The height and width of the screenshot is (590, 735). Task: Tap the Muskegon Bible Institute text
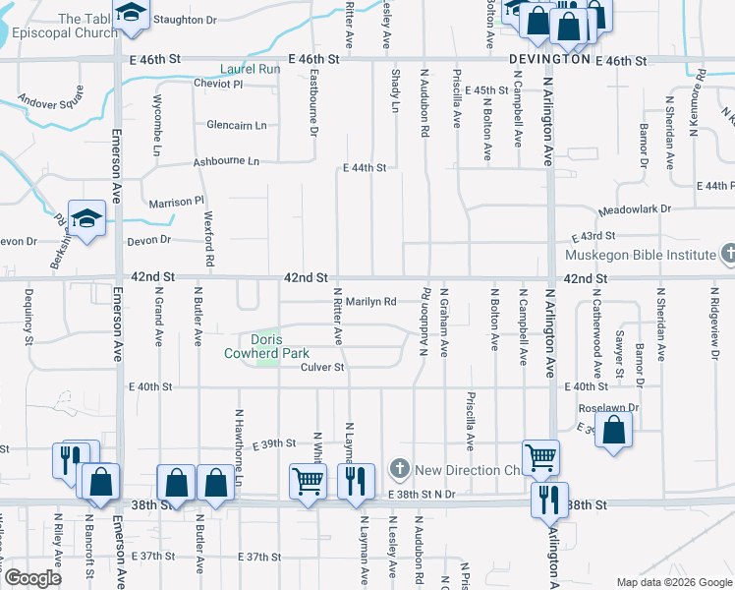tap(641, 255)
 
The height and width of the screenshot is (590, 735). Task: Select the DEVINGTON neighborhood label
tap(549, 60)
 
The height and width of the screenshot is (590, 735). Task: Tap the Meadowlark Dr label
tap(635, 209)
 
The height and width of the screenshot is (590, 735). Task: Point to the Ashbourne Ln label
tap(226, 160)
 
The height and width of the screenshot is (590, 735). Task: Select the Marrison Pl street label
tap(175, 203)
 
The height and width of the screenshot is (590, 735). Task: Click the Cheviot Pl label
tap(218, 84)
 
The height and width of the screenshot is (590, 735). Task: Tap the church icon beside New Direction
tap(398, 467)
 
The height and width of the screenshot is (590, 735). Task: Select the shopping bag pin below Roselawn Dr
tap(613, 431)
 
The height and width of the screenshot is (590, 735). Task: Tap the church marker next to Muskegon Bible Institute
tap(727, 255)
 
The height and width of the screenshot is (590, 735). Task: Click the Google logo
tap(32, 578)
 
